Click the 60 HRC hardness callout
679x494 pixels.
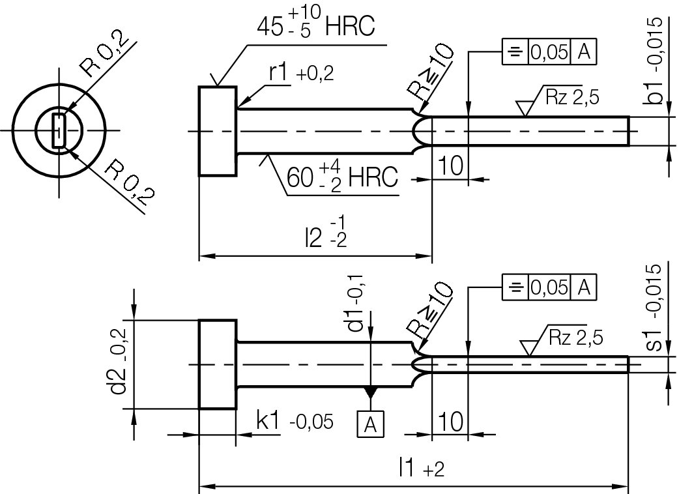coord(341,177)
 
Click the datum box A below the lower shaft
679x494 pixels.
coord(370,424)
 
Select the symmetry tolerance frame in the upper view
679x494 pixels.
coord(549,53)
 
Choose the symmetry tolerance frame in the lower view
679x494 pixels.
coord(549,287)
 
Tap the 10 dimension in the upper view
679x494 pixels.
coord(450,166)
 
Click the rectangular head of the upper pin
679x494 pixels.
coord(218,130)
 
